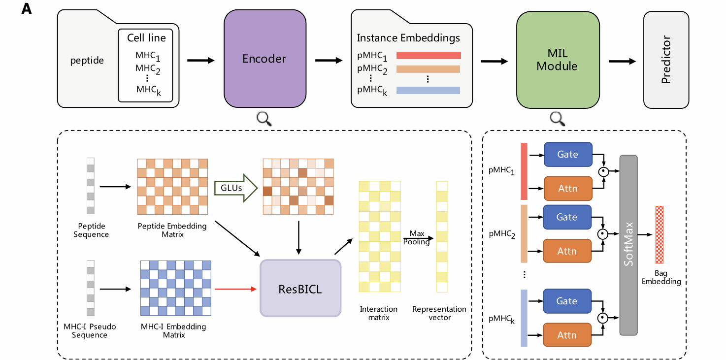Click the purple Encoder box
click(264, 59)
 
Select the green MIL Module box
click(557, 59)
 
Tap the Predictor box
click(666, 59)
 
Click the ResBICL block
click(300, 288)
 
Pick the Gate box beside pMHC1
click(567, 154)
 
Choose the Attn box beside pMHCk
click(567, 335)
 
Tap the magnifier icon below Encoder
click(264, 118)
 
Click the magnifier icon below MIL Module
click(557, 118)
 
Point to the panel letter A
click(27, 9)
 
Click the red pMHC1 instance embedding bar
click(429, 55)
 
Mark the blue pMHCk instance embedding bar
click(428, 90)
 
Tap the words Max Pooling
click(417, 237)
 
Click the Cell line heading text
click(146, 38)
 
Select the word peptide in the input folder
click(87, 61)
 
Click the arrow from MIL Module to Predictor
click(622, 61)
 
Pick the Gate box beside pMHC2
click(567, 217)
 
